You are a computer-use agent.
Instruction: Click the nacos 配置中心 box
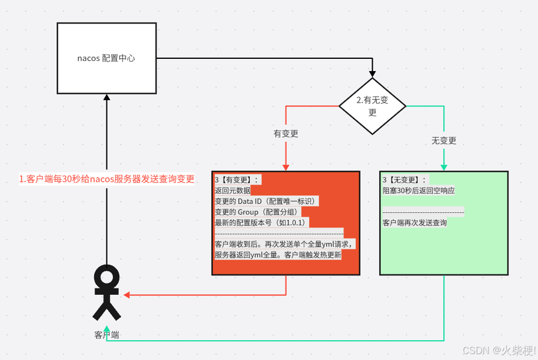tap(106, 58)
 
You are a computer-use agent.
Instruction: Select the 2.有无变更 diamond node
tap(373, 106)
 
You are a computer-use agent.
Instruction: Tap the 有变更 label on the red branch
tap(286, 134)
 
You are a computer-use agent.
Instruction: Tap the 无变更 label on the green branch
tap(444, 141)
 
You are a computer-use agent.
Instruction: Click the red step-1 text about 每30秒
tap(106, 179)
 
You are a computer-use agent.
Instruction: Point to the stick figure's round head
tap(107, 277)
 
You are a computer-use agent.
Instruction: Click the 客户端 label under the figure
tap(106, 335)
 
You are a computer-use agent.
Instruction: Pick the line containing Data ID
tap(266, 201)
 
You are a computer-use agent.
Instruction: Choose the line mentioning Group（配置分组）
tap(257, 212)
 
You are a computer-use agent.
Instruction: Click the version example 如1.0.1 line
tap(262, 223)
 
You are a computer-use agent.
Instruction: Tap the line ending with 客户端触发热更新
tap(278, 255)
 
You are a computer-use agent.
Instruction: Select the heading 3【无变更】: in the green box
tap(405, 180)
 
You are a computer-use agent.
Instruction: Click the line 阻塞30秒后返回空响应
tap(419, 190)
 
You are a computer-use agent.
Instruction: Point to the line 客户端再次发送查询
tap(414, 223)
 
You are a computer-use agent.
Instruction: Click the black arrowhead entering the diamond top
tap(373, 74)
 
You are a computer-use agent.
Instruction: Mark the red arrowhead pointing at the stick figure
tap(127, 295)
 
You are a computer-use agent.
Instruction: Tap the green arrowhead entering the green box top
tap(444, 167)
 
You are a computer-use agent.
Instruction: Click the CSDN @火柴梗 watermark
tap(498, 350)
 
